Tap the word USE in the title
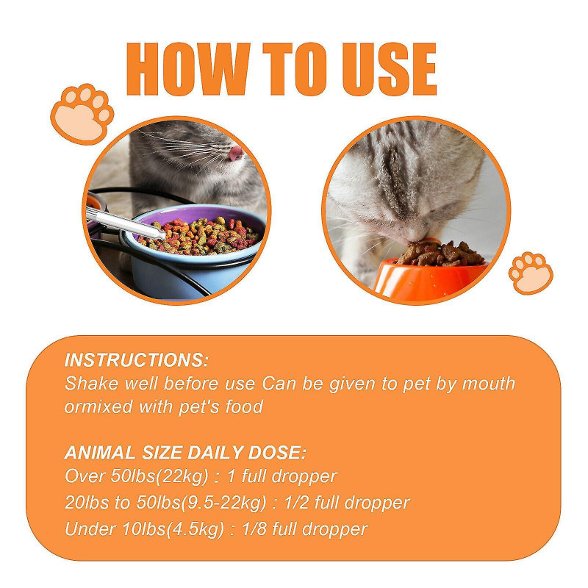pos(382,70)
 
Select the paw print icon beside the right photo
pos(531,273)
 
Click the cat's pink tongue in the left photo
pos(234,154)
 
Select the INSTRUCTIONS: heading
pos(137,360)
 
